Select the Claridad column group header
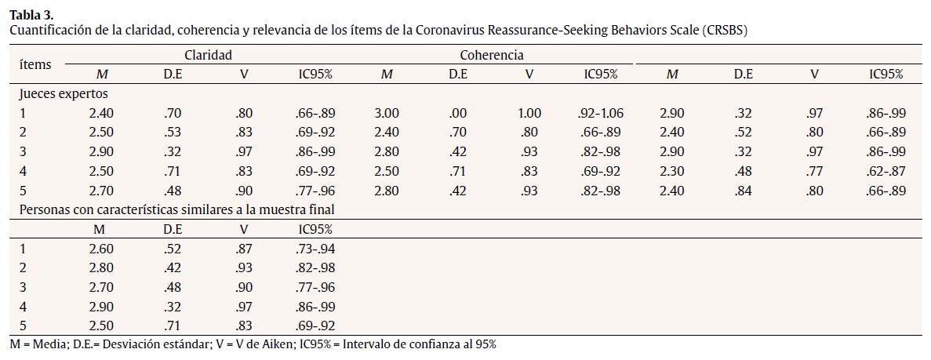208,55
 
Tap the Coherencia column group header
492,55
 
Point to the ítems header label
35,64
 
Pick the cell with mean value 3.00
387,113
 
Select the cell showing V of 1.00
529,113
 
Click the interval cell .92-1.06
601,113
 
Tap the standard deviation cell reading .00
458,113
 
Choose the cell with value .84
743,190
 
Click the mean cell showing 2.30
672,171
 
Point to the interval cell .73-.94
316,249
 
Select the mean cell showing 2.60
102,249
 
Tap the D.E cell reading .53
173,133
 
